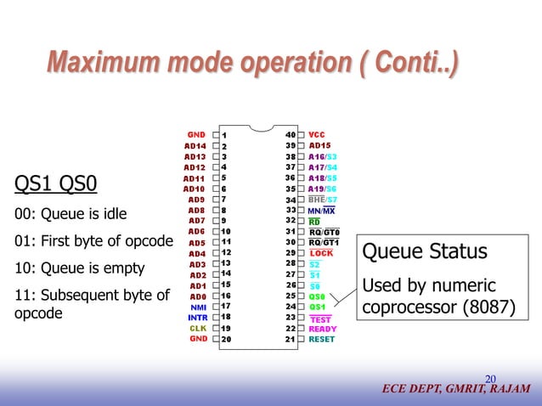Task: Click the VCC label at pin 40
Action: tap(317, 134)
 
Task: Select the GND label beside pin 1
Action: tap(197, 134)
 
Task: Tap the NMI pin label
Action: tap(198, 307)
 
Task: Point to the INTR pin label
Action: tap(198, 317)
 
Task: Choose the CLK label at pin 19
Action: tap(198, 328)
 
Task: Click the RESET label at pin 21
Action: tap(322, 339)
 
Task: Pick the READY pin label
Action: tap(323, 328)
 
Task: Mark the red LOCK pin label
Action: tap(321, 253)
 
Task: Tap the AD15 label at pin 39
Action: tap(319, 145)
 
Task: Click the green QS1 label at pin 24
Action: tap(317, 307)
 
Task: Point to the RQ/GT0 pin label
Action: tap(324, 232)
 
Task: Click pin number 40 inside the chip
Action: tap(291, 134)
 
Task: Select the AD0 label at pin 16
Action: tap(197, 296)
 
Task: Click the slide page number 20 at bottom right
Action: tap(490, 379)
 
